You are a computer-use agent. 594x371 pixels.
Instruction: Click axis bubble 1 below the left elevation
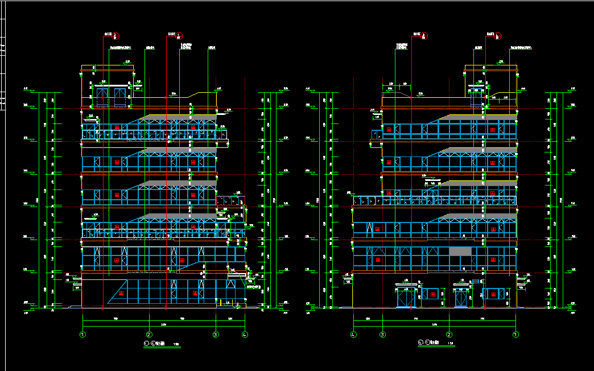click(83, 335)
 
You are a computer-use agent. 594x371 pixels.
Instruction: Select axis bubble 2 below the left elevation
click(149, 335)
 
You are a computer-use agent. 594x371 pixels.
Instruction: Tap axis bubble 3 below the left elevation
click(216, 335)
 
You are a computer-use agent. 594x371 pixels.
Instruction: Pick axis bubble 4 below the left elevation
click(245, 335)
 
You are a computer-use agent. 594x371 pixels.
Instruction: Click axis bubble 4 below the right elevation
click(353, 335)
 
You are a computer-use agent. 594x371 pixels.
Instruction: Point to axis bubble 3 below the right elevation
click(383, 335)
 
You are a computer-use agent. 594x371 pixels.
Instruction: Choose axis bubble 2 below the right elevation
click(449, 335)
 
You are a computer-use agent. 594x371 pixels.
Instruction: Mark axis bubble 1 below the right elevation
click(515, 335)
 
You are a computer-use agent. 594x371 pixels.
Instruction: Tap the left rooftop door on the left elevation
click(102, 97)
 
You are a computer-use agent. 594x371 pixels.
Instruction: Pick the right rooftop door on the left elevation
click(119, 97)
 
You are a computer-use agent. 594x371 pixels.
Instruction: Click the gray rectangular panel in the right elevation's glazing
click(460, 251)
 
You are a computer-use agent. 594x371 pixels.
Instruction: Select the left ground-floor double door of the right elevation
click(406, 298)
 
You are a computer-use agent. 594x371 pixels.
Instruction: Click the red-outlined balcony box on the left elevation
click(231, 200)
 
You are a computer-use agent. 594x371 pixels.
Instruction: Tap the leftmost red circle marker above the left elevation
click(116, 35)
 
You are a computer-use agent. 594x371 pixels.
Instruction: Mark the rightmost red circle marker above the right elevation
click(498, 35)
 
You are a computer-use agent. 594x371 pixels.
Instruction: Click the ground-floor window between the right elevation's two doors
click(433, 294)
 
